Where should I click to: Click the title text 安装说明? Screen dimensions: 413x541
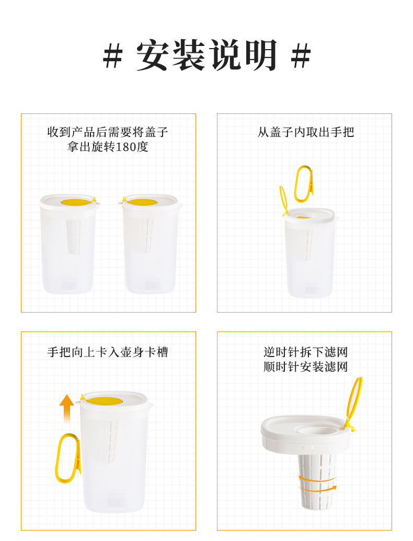[x=206, y=55]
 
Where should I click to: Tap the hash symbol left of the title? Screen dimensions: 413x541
[x=113, y=55]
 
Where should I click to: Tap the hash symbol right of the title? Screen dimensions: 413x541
[x=301, y=55]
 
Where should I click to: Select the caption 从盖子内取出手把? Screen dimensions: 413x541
[x=305, y=132]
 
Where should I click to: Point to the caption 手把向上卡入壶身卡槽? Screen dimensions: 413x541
[x=108, y=352]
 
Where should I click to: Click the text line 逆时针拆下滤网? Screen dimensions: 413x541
[x=305, y=352]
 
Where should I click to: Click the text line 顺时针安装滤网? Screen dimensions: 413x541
[x=305, y=366]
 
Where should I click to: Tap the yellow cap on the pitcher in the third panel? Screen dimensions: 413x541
[x=104, y=400]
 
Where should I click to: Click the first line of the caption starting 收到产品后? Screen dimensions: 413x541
[x=108, y=132]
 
